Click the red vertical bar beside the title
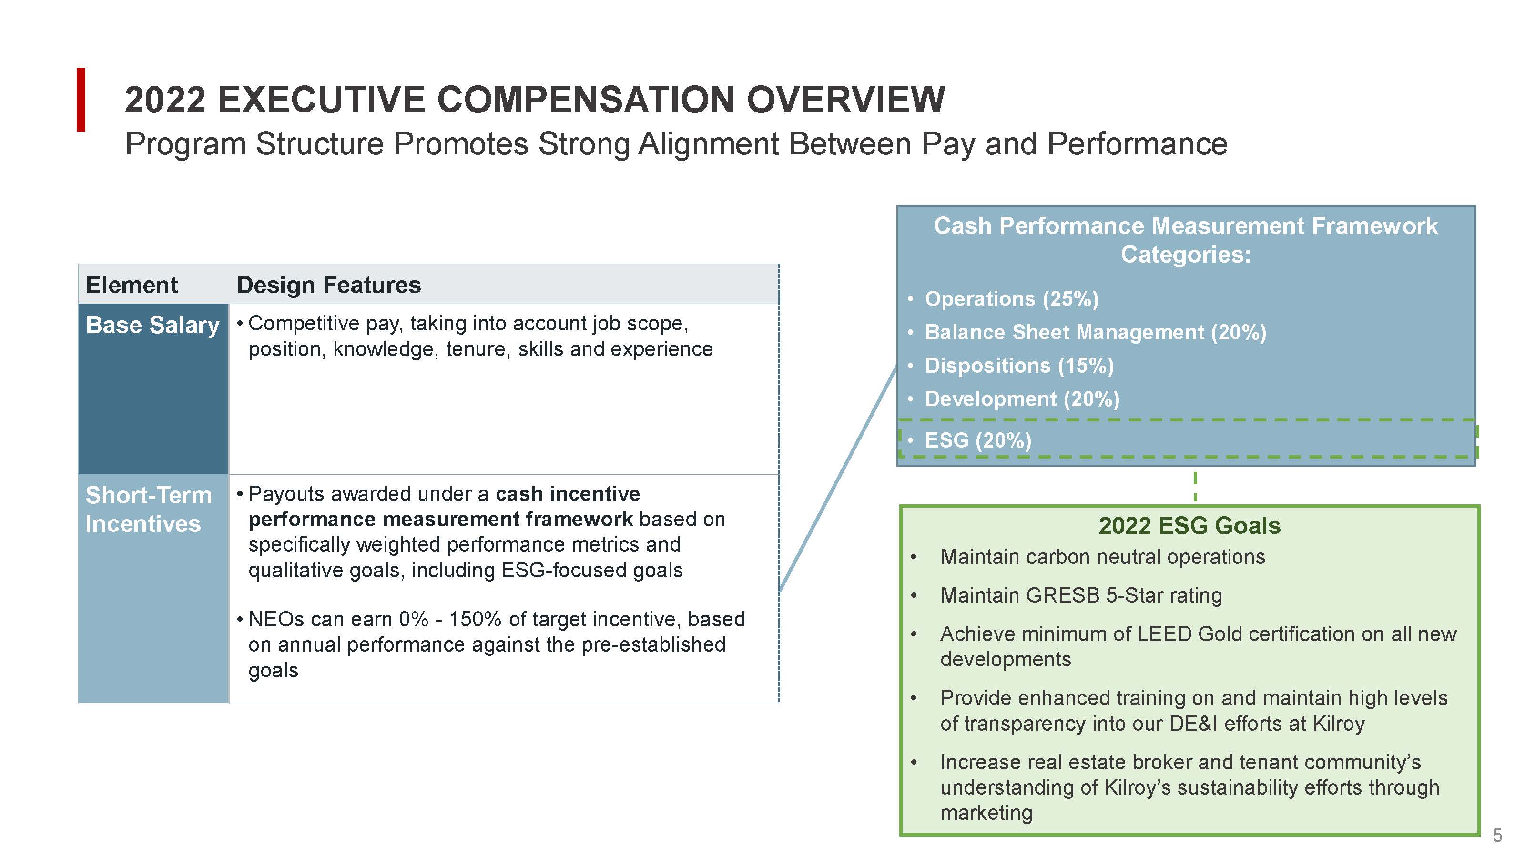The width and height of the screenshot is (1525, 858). (x=81, y=100)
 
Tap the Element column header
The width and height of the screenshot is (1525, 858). (x=132, y=285)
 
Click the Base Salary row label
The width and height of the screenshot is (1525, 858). (x=152, y=325)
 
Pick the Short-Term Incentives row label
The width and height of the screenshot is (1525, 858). (x=148, y=509)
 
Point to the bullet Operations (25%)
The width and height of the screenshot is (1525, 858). (x=1011, y=299)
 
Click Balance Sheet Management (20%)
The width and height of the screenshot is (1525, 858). (x=1095, y=332)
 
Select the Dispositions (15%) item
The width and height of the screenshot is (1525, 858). (x=1019, y=365)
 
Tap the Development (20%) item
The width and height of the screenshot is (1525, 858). (x=1022, y=399)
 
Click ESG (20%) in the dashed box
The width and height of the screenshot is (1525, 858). (x=978, y=440)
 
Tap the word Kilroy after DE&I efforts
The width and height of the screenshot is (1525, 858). (x=1339, y=724)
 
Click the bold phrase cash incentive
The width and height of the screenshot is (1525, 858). (x=567, y=494)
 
